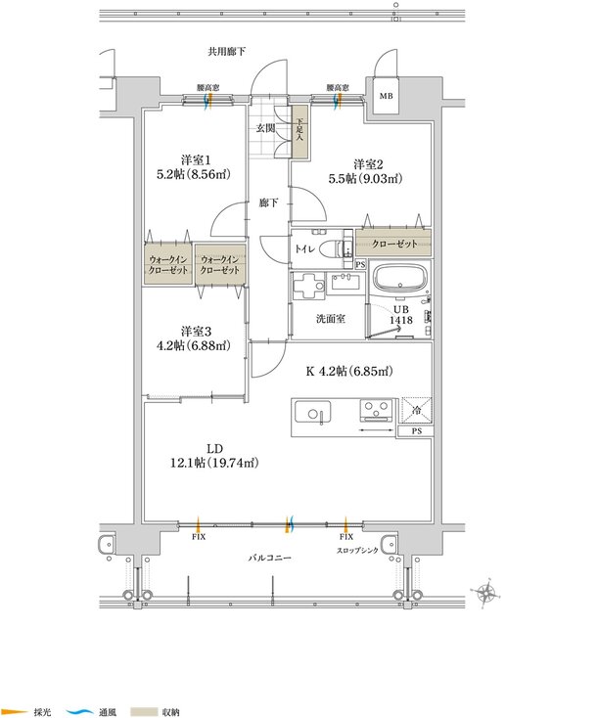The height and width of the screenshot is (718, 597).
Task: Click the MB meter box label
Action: coord(386,96)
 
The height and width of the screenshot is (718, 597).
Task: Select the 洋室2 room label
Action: coord(368,164)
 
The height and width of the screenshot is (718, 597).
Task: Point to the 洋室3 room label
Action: coord(196,331)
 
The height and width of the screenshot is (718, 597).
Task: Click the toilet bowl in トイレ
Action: coord(331,250)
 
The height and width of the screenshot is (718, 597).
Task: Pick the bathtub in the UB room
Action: coord(400,279)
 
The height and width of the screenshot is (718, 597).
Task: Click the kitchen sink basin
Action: coord(312,412)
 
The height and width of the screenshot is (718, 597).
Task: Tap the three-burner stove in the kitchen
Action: coord(376,409)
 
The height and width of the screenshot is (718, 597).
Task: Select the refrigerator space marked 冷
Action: coord(417,411)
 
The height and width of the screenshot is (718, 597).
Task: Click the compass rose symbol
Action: coord(485,594)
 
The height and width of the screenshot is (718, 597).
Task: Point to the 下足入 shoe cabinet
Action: coord(299,133)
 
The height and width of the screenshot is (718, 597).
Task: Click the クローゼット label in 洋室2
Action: coord(394,244)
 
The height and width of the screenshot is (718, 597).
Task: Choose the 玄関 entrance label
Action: coord(265,128)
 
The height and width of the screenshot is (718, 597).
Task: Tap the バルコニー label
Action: coord(270,558)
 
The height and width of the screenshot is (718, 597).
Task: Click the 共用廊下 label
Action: coord(226,52)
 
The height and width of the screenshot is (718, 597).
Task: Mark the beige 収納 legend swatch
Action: coord(144,712)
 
